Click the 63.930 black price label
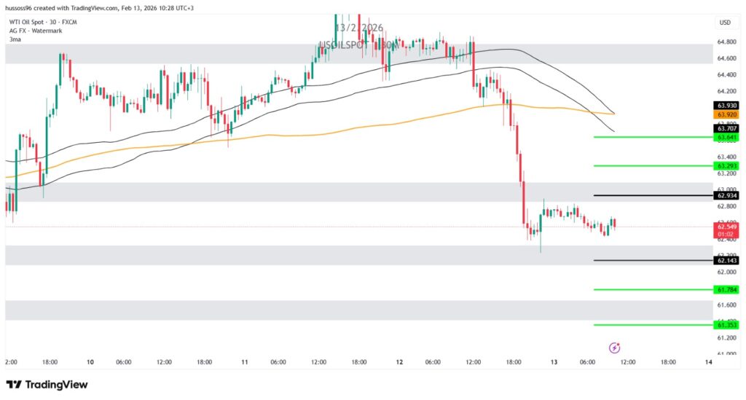726,106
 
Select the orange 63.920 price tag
726,114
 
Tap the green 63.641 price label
726,137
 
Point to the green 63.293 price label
726,166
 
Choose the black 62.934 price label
726,195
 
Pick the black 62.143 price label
726,260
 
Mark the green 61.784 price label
726,289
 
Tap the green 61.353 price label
726,325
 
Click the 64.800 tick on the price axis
726,42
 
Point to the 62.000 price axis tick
726,272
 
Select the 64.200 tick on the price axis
726,91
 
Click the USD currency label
725,23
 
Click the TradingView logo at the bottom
47,384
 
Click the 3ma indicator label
15,39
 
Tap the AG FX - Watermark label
34,31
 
